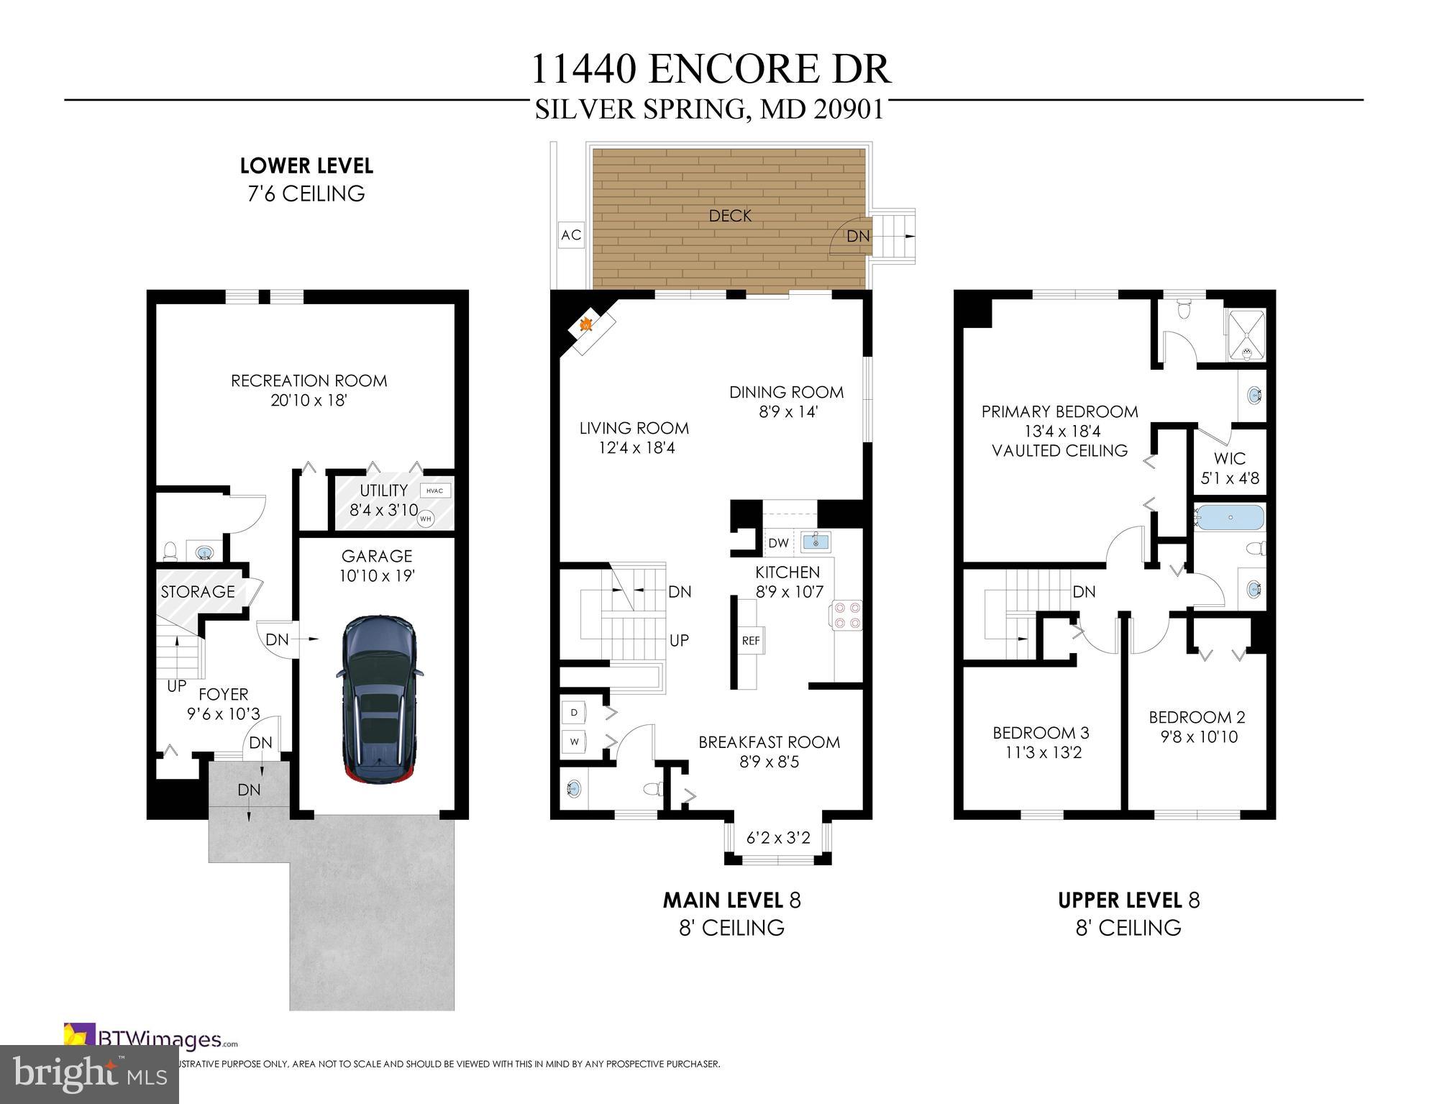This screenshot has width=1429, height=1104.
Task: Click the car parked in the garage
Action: click(378, 698)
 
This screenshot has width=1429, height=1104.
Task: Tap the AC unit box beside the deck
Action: click(571, 235)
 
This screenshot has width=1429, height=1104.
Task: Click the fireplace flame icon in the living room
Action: click(586, 325)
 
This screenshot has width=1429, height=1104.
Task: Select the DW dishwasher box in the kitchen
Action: click(778, 543)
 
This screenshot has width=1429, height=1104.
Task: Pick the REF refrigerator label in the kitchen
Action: click(750, 640)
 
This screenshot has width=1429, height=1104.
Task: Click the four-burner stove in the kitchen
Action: click(846, 616)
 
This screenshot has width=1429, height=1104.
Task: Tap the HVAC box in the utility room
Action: click(434, 491)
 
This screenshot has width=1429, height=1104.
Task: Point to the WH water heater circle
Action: click(426, 518)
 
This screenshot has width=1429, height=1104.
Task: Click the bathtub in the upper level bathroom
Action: click(1230, 517)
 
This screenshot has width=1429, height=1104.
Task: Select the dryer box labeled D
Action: click(574, 712)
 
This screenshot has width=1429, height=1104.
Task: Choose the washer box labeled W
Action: click(574, 742)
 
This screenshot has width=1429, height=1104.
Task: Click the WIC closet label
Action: click(1229, 458)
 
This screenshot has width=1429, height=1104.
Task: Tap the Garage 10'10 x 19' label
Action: click(377, 565)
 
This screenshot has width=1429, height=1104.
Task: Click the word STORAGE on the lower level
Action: click(198, 591)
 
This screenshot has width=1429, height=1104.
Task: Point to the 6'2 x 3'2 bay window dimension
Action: click(778, 838)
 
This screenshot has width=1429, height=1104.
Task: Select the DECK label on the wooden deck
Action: click(730, 215)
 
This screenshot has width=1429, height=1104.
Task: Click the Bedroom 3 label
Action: click(1041, 733)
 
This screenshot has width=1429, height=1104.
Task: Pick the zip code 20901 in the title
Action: click(849, 109)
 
